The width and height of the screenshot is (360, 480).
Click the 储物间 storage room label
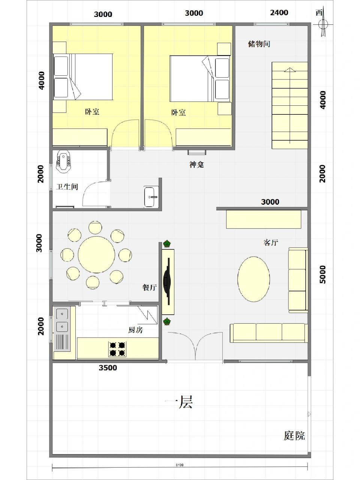pos(259,44)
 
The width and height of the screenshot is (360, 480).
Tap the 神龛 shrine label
pos(196,164)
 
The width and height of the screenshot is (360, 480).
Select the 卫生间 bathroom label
pos(67,186)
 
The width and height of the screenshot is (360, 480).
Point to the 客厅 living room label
pos(270,243)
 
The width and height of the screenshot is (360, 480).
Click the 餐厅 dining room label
pos(149,288)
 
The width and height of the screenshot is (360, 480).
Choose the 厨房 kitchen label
pos(135,330)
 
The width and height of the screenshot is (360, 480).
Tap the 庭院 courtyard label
pos(294,435)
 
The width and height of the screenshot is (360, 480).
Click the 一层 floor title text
pos(179,402)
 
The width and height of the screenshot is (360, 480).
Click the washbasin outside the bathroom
pos(151,196)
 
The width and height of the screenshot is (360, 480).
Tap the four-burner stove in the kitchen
pos(117,349)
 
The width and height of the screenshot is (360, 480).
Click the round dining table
pos(96,255)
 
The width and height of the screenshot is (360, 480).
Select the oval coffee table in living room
pos(253,279)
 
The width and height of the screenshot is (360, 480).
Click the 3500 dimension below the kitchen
pos(108,368)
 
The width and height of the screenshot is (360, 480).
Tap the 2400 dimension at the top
pos(279,13)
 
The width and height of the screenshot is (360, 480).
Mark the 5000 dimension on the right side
pos(322,274)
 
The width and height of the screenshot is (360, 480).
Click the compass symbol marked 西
pos(321,24)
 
